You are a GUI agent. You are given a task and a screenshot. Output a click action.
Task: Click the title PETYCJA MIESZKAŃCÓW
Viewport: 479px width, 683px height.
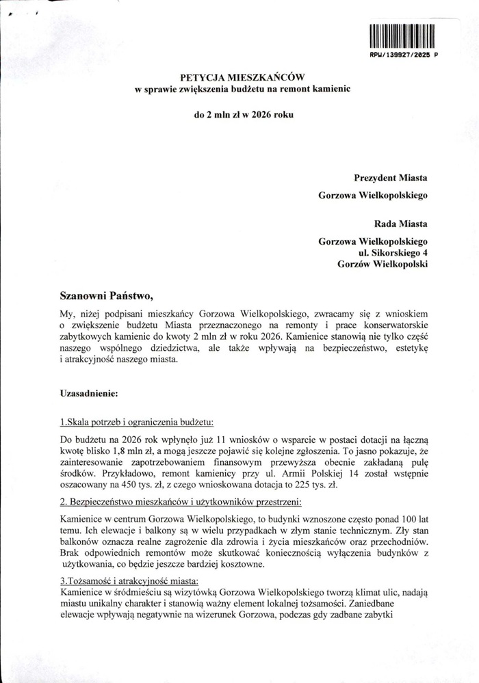pyautogui.click(x=242, y=79)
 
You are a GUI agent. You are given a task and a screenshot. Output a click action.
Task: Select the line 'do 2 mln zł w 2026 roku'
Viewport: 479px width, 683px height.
pyautogui.click(x=244, y=114)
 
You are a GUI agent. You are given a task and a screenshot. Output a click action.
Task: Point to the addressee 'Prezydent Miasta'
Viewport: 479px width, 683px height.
pyautogui.click(x=391, y=178)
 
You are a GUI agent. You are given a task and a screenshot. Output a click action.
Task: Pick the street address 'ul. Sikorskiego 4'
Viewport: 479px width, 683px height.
pyautogui.click(x=388, y=253)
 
